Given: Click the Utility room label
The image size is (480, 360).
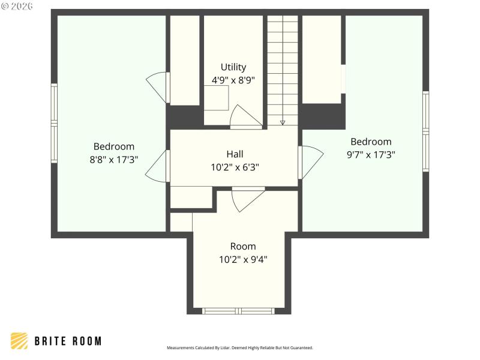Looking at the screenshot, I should tap(233, 67).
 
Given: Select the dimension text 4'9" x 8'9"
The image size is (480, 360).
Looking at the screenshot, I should tap(233, 80).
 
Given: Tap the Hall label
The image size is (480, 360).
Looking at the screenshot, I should tap(235, 154).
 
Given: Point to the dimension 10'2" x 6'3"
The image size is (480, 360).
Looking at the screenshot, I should tap(235, 167).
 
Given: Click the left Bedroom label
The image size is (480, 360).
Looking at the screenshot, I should tap(114, 146).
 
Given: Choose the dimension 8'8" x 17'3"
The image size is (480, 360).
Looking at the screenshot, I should tap(114, 160).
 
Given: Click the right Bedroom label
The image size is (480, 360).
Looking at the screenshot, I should tap(371, 142).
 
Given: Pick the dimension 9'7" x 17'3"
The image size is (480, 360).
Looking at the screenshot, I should tap(371, 154).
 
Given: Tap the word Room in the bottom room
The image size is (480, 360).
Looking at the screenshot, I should tap(243, 246).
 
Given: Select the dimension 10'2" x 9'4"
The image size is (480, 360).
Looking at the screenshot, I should tap(243, 259).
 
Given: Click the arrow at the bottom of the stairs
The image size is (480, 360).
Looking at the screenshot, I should tap(283, 122).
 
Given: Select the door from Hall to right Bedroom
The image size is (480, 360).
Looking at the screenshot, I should tap(310, 162).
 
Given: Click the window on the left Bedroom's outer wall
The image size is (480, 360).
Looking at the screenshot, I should tap(54, 123).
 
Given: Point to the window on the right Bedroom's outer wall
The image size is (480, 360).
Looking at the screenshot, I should tap(425, 131).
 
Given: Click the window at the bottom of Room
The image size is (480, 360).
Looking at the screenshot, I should tap(239, 311).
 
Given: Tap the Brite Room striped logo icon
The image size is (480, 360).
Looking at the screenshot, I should tap(19, 341).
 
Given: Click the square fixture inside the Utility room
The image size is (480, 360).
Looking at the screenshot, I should tap(216, 98).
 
